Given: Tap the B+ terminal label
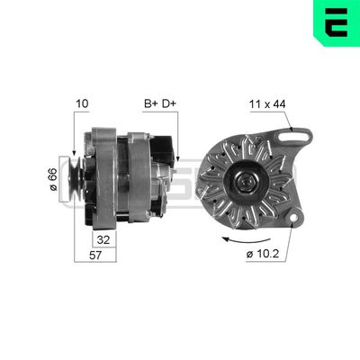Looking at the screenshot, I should (150, 103).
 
